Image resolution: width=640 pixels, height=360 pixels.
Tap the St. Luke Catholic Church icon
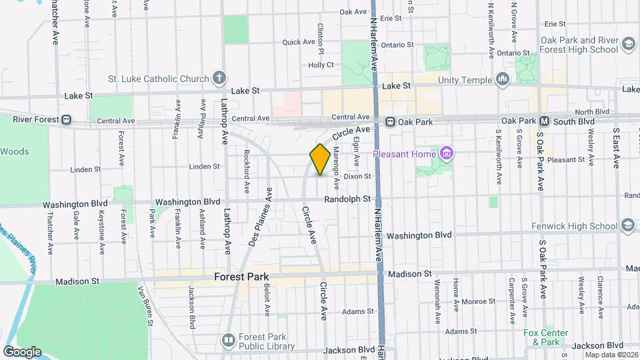[x=219, y=79]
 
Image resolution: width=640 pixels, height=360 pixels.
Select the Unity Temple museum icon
[x=503, y=81]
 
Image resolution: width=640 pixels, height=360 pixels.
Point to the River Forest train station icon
[x=67, y=120]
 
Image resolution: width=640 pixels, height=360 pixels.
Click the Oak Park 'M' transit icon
[x=544, y=121]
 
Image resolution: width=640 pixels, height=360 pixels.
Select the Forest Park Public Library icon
[x=229, y=341]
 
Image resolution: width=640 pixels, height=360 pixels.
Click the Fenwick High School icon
[x=627, y=225]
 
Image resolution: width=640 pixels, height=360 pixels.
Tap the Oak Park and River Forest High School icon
[x=627, y=44]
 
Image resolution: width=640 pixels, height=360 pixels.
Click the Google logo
[x=22, y=351]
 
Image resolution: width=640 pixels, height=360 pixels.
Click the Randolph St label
[x=347, y=199]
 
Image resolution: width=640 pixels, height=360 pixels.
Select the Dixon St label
[x=357, y=176]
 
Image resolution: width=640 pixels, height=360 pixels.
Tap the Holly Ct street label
[x=321, y=65]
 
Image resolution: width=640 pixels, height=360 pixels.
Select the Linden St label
[x=205, y=166]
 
